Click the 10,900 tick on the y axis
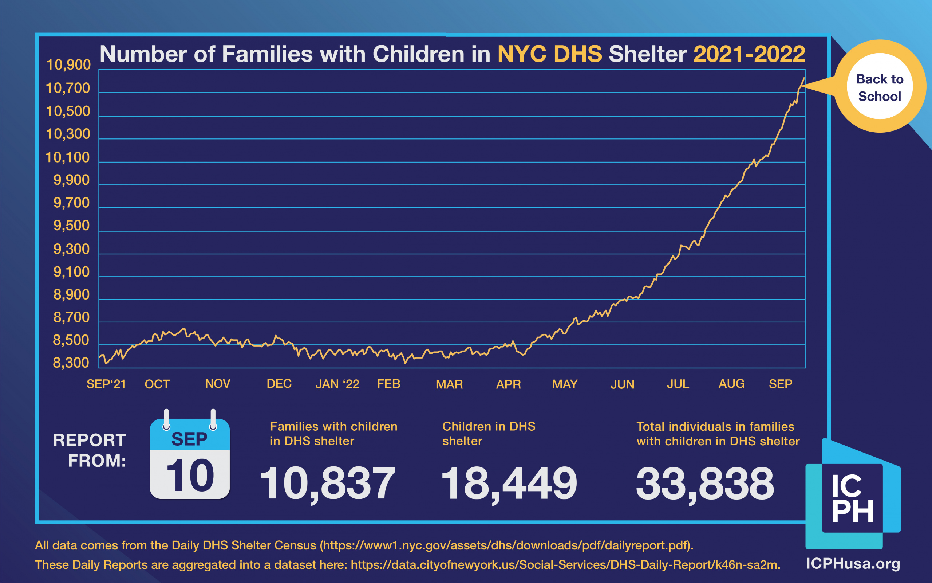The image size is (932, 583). [x=68, y=65]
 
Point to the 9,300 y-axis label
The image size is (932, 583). [x=72, y=250]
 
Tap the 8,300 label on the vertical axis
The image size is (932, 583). [x=71, y=363]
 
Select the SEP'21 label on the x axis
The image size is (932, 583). [x=106, y=384]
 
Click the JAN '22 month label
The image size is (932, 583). [x=337, y=384]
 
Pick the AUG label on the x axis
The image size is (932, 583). [x=731, y=384]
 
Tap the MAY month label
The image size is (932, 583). [x=565, y=384]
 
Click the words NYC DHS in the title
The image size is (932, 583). [x=550, y=54]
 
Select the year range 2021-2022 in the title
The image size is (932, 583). [x=749, y=54]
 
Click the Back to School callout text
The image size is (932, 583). [x=880, y=87]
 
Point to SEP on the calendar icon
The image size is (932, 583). [x=189, y=439]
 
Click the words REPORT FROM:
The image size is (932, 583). [x=90, y=450]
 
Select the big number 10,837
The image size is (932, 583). [x=327, y=484]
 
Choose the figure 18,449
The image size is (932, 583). [x=509, y=484]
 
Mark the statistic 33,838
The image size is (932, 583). [x=705, y=484]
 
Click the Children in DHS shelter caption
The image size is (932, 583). [x=489, y=434]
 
